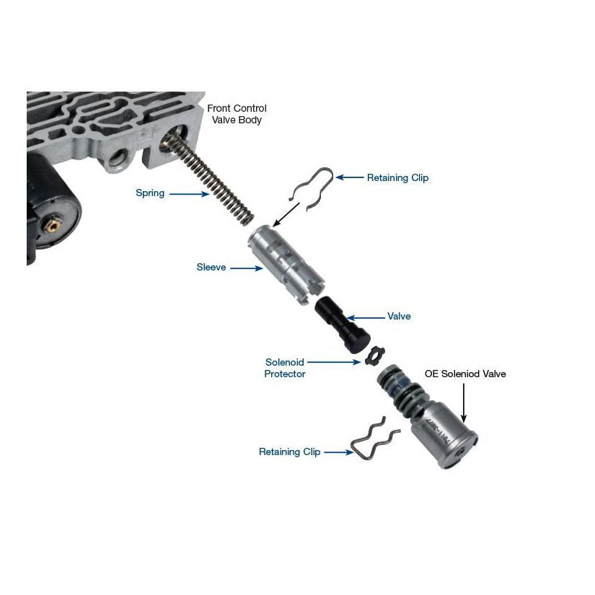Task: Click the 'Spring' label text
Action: click(150, 193)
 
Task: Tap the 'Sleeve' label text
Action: click(211, 268)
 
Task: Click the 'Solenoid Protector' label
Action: click(285, 368)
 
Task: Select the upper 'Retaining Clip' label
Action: click(397, 177)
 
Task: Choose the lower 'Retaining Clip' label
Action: click(289, 452)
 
